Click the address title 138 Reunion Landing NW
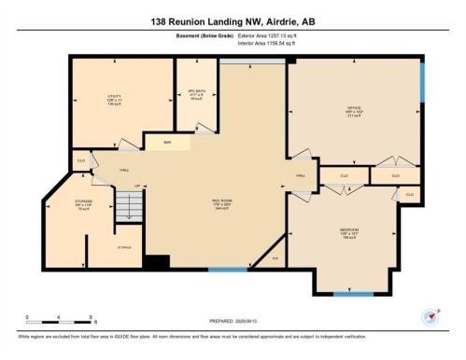tap(233, 20)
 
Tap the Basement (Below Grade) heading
tap(197, 35)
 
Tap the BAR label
tap(167, 143)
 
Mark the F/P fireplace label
tap(275, 258)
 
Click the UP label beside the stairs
tap(136, 187)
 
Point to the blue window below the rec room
tap(221, 270)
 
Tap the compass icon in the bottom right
tap(431, 315)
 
